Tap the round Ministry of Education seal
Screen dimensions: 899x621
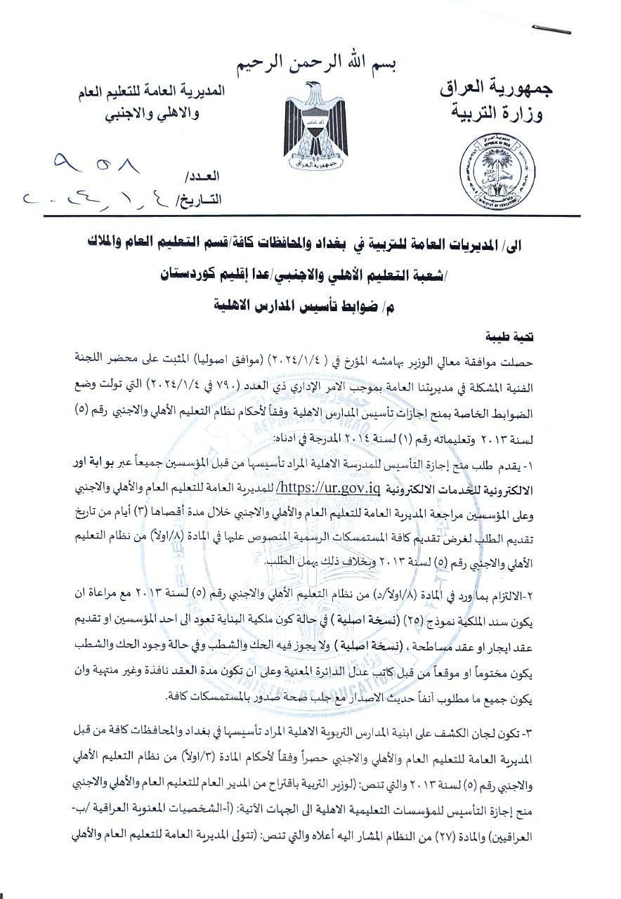pos(497,171)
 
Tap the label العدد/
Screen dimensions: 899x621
pos(203,176)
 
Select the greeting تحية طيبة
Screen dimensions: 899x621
pos(514,337)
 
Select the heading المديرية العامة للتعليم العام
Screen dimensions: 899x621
pos(152,93)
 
